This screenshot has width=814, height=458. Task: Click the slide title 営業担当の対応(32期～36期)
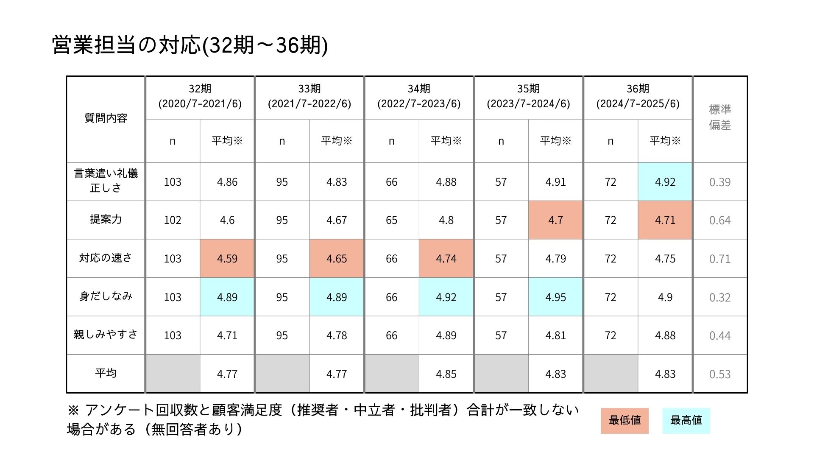(x=190, y=45)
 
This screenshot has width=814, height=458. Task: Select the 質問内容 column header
(x=106, y=118)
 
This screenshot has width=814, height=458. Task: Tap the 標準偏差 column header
(x=720, y=117)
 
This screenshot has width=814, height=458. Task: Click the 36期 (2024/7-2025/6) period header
(x=638, y=96)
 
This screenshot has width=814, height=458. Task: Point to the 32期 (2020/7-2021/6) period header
(x=200, y=96)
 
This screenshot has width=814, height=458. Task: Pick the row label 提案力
(x=106, y=219)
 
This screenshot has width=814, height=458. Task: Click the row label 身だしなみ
(x=106, y=296)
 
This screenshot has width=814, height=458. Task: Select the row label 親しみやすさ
(x=106, y=335)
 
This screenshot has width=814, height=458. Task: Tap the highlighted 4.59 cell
(x=227, y=259)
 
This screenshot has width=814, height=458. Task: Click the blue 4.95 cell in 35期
(x=555, y=297)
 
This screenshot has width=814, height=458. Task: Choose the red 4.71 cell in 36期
(x=665, y=220)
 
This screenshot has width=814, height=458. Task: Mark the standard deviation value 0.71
(x=720, y=259)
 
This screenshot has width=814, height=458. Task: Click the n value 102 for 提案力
(x=173, y=220)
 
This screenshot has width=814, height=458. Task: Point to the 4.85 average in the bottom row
(x=446, y=374)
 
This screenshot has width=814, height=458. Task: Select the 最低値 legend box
(x=624, y=421)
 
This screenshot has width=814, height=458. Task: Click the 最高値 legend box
(x=686, y=421)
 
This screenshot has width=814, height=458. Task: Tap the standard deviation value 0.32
(x=720, y=297)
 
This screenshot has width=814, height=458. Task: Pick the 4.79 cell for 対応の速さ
(x=555, y=259)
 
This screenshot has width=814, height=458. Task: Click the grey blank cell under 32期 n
(x=173, y=374)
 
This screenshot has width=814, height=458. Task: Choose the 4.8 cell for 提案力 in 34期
(x=446, y=220)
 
